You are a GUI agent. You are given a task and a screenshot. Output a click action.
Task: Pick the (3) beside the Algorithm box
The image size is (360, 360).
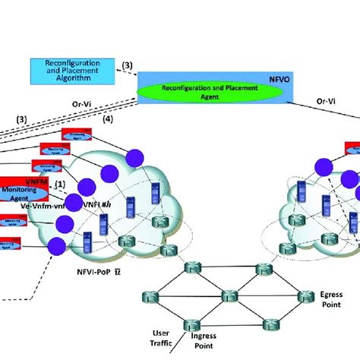point(127,65)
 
